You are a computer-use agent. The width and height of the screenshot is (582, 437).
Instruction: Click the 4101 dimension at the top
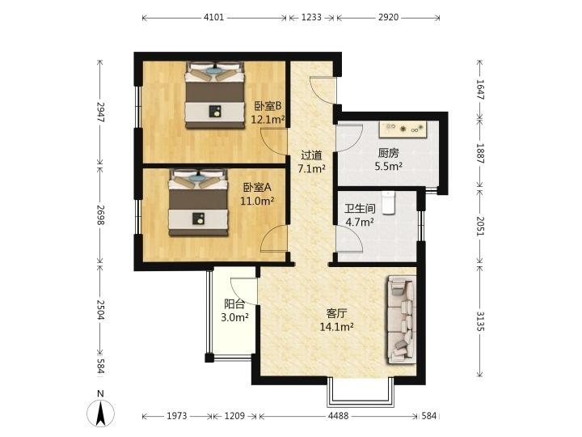214,18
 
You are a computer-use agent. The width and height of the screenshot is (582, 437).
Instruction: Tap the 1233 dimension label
311,18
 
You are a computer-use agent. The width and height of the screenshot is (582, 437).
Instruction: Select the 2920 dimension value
388,18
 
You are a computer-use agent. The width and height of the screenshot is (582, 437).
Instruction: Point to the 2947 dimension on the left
100,112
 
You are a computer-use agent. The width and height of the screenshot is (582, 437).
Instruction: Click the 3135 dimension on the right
480,321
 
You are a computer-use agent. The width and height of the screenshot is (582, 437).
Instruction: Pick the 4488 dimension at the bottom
338,416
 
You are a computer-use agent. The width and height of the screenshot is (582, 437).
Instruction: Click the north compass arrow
100,413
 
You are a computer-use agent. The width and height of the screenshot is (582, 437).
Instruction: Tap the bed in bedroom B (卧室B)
215,95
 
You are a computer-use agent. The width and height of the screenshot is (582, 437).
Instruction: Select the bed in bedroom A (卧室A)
198,202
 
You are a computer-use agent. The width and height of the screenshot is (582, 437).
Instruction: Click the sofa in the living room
401,320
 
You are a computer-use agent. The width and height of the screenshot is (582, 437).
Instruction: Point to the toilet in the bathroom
388,202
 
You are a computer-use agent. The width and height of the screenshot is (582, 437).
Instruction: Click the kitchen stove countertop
404,129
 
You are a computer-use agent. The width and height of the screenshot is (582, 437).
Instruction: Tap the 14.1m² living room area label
336,327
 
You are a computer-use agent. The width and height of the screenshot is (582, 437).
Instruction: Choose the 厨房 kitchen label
388,153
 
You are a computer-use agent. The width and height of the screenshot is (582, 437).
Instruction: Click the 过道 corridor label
311,155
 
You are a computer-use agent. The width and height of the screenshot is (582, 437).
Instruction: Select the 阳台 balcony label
234,304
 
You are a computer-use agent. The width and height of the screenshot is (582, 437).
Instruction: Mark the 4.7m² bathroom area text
360,223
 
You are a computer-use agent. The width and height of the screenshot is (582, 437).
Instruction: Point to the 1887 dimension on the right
480,153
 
